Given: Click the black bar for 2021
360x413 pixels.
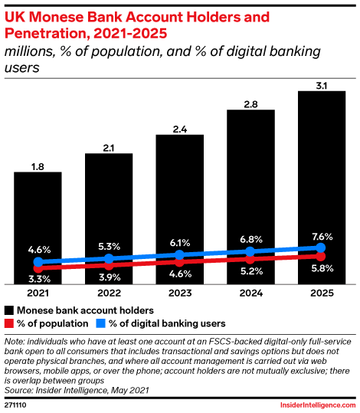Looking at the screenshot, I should [38, 215].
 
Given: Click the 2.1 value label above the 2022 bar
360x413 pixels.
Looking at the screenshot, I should [109, 146].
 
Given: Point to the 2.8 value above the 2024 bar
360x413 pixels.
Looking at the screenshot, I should [250, 102].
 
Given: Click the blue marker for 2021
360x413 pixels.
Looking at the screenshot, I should [38, 262].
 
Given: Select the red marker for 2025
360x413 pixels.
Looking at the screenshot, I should [322, 257].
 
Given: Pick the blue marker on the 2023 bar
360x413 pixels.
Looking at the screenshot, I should [179, 254].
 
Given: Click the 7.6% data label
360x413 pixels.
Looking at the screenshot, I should [322, 235].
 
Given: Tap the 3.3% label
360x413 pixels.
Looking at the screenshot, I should [38, 279].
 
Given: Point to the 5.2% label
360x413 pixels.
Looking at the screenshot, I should [250, 271].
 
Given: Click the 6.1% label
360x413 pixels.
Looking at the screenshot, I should [179, 241].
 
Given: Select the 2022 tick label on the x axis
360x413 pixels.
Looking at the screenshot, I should [109, 293].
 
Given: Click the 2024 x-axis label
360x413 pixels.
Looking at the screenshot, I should [250, 293].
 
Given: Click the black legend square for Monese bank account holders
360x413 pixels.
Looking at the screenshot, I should [10, 310].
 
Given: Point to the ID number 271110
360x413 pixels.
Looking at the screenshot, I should [17, 404].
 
